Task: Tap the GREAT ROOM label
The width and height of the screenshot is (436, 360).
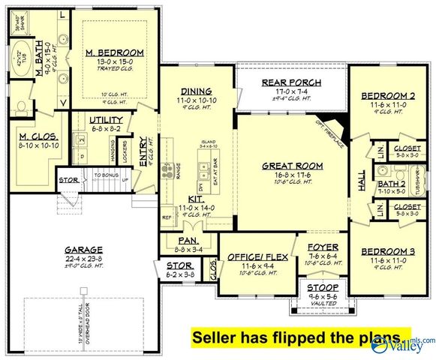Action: click(x=292, y=165)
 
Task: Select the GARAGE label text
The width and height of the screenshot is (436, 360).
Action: click(x=84, y=249)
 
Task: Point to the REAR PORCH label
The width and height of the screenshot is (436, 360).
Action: click(x=291, y=82)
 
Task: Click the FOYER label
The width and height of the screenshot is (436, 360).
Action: click(x=323, y=246)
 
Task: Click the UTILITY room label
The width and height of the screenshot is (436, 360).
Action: click(x=105, y=120)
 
